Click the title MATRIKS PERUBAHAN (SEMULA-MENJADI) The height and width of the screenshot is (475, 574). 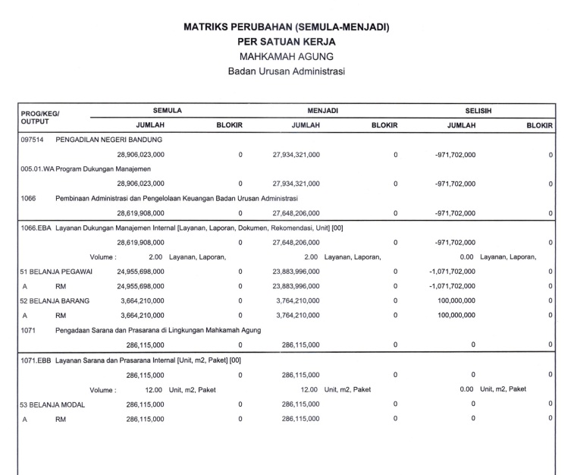(x=287, y=27)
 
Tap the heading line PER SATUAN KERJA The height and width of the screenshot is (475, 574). (x=287, y=42)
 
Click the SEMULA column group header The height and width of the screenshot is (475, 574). (x=167, y=111)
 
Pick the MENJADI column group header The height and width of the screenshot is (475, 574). (x=323, y=111)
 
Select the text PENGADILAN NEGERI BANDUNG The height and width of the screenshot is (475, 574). (x=109, y=140)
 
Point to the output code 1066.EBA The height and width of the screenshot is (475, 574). (x=36, y=228)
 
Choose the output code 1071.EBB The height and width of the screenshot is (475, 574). (x=36, y=360)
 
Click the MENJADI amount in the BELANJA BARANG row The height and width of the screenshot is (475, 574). (x=296, y=301)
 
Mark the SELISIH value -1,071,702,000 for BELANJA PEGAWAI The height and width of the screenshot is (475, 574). (x=452, y=271)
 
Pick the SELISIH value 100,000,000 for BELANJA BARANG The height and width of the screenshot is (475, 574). (x=456, y=301)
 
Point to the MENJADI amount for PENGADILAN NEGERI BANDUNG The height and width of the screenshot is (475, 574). (x=296, y=155)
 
